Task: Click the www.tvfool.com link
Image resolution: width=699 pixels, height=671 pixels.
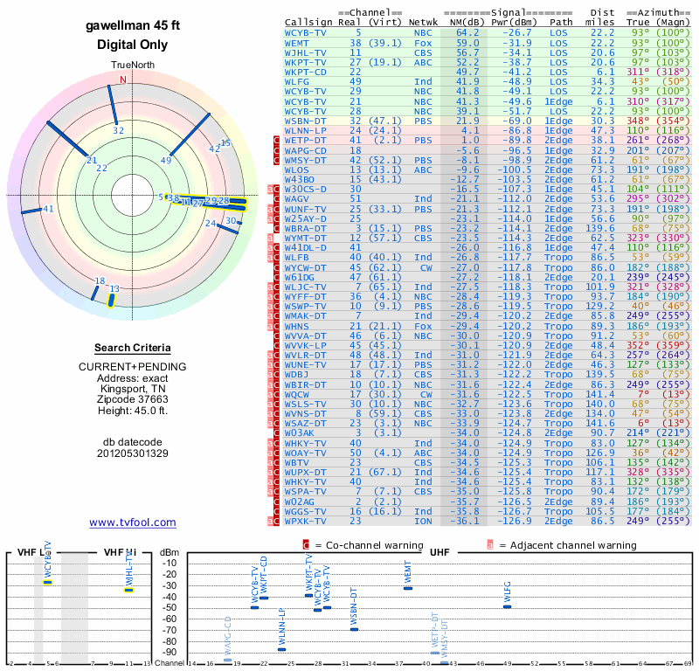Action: (132, 522)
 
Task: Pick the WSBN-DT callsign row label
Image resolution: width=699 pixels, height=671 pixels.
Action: (305, 121)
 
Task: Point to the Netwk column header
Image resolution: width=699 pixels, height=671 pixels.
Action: (424, 23)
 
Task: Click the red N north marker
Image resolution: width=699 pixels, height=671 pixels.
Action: (122, 80)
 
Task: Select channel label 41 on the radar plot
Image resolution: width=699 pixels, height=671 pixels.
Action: (48, 209)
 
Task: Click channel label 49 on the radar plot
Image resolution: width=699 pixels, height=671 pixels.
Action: (166, 160)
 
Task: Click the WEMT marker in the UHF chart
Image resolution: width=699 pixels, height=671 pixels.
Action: (407, 588)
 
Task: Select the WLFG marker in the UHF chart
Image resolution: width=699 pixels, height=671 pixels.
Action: (507, 606)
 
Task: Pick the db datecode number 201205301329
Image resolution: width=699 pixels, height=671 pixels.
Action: (133, 453)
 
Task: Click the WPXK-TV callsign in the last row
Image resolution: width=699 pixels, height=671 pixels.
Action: (305, 522)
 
